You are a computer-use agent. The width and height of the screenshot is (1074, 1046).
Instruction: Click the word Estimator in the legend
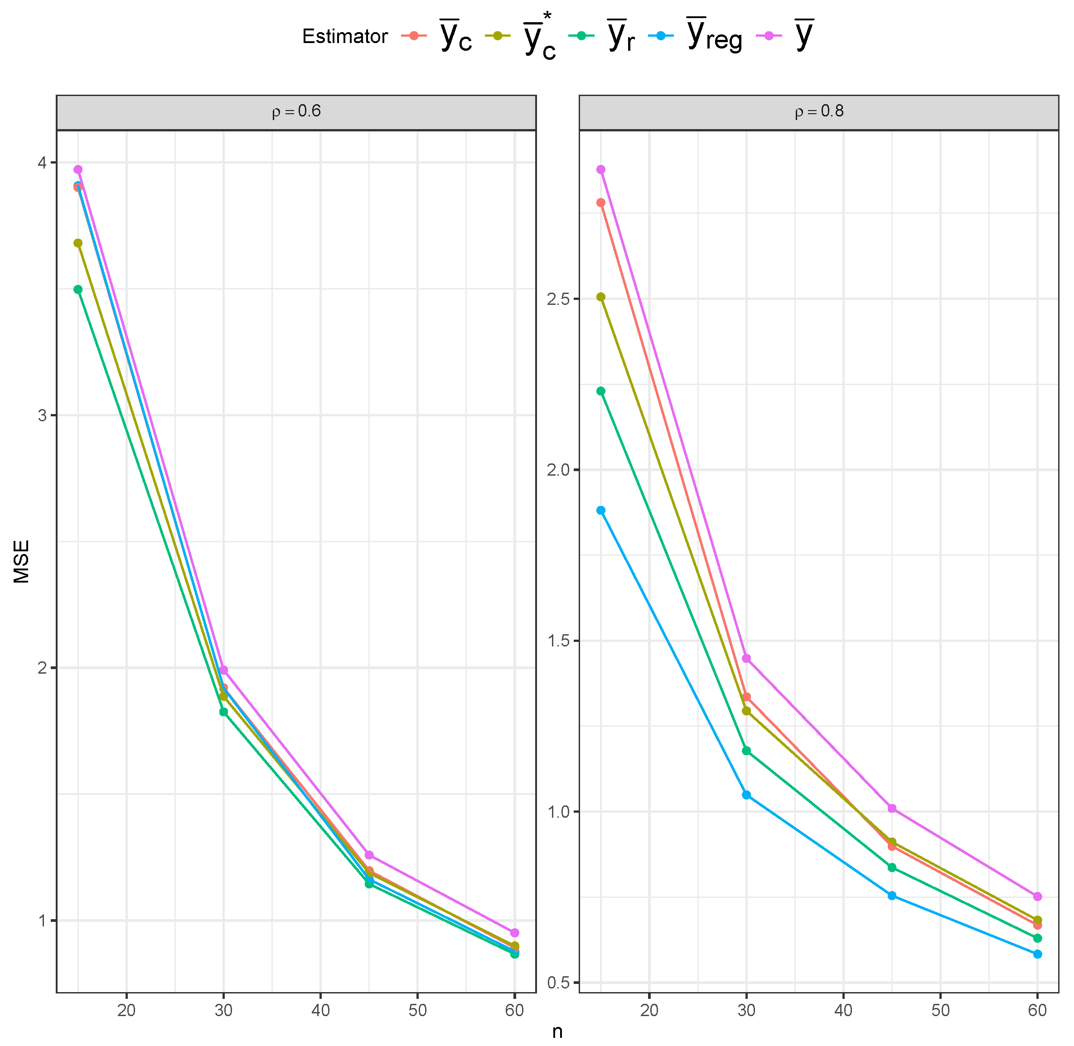(x=344, y=36)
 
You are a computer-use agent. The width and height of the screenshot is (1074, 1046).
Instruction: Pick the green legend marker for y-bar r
(x=581, y=36)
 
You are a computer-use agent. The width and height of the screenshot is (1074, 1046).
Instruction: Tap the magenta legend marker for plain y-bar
(x=769, y=36)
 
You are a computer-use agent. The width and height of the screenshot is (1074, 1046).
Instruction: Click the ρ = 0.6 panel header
(x=296, y=111)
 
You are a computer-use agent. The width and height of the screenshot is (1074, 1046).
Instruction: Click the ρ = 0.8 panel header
(x=819, y=111)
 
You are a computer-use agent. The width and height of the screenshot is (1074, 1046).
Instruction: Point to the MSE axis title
(x=21, y=561)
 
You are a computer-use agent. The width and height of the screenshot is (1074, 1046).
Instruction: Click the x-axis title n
(x=557, y=1032)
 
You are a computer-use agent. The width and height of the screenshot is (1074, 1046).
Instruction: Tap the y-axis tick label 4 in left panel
(x=42, y=163)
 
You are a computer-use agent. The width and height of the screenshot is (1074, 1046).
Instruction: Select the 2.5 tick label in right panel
(x=559, y=299)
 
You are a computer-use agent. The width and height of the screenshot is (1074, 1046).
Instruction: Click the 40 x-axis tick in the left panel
(x=320, y=1010)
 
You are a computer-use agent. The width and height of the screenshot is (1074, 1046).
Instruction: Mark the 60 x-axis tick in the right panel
(x=1037, y=1010)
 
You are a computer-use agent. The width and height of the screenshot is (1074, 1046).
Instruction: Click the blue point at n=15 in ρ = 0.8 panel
(x=601, y=511)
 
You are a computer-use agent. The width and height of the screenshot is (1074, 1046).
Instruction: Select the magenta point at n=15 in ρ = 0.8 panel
(x=601, y=170)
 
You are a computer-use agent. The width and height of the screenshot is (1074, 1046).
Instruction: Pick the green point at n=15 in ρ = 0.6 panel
(x=78, y=289)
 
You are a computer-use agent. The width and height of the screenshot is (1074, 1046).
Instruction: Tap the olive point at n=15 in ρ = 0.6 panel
(x=78, y=243)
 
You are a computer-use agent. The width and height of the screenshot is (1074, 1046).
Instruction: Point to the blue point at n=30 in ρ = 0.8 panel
(x=746, y=795)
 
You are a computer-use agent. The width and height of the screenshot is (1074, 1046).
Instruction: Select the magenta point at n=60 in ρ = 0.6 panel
(x=514, y=933)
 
